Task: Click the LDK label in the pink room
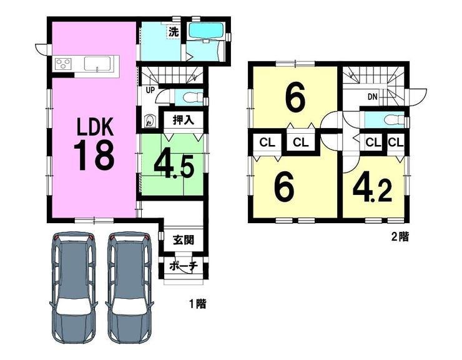pos(95,127)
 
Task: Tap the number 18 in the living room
pos(94,155)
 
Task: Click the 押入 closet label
pos(184,120)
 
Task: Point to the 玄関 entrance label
pos(184,240)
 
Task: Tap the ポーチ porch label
pos(184,266)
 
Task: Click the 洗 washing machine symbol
pos(174,32)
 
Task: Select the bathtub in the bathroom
pos(206,30)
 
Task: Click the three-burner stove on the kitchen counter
pos(64,63)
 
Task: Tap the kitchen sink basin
pos(97,64)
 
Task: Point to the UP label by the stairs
pos(150,90)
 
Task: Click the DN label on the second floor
pos(373,96)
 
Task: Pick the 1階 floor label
pos(197,304)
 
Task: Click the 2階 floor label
pos(400,237)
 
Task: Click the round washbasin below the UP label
pos(150,121)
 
